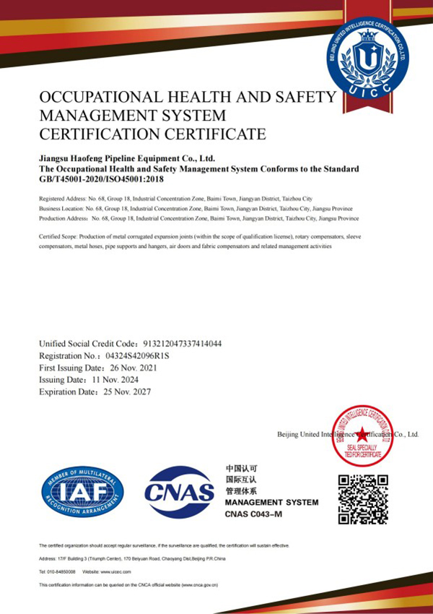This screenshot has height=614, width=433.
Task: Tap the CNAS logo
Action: (180, 492)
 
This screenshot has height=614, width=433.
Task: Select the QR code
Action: (364, 499)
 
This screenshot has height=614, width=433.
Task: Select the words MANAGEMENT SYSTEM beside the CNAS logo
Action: (271, 501)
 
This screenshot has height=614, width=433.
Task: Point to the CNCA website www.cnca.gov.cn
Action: (196, 584)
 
